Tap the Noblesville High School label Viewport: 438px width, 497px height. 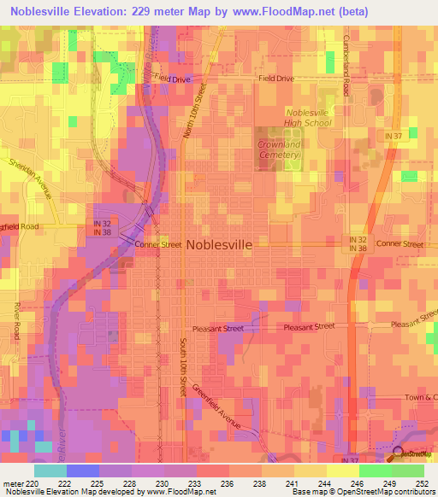point(308,117)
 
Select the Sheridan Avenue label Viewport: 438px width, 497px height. point(31,178)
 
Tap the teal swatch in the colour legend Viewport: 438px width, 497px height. point(50,471)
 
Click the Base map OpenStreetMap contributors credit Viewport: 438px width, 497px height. point(361,493)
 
